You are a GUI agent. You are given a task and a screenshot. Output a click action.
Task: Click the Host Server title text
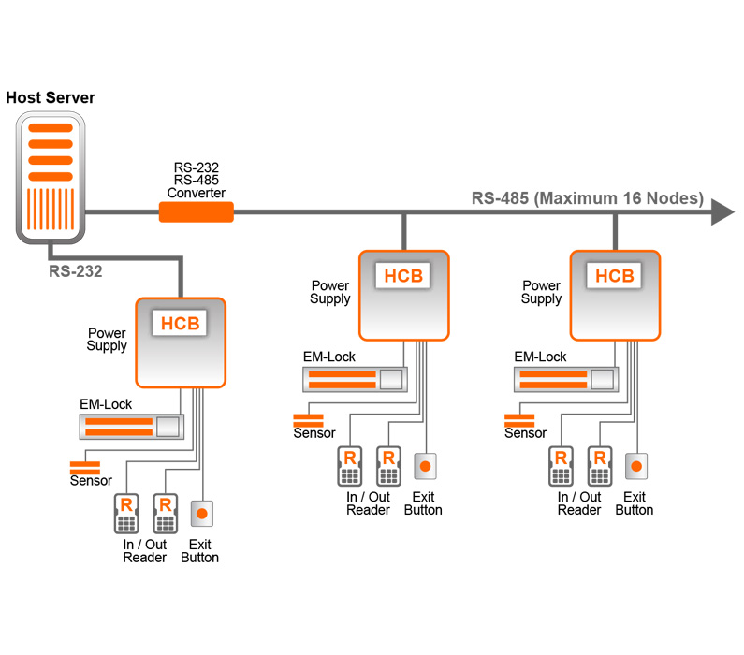point(51,97)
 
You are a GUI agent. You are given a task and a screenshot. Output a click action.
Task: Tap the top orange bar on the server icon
point(51,128)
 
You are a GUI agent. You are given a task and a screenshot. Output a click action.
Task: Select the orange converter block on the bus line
point(196,212)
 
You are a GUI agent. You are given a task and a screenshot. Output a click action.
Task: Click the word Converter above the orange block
point(197,193)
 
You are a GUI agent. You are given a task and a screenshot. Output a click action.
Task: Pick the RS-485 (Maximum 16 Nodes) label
point(587,198)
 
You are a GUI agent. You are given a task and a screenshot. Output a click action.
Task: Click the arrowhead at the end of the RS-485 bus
point(722,212)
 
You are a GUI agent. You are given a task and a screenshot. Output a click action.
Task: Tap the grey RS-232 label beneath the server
point(76,271)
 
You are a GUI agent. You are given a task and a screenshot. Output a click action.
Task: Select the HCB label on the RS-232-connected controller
point(181,324)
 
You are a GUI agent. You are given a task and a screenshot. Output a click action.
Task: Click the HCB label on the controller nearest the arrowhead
point(615,276)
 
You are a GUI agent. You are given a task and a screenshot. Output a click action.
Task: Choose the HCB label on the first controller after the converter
point(404,276)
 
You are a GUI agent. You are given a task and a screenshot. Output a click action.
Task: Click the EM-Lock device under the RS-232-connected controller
point(131,427)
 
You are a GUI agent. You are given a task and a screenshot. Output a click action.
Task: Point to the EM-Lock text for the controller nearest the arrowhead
point(540,357)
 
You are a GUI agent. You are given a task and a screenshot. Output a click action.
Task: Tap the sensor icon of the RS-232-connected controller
point(85,465)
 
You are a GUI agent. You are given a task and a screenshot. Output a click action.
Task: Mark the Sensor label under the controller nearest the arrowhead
point(525,433)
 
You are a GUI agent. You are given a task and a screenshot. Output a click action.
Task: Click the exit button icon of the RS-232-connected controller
point(201,513)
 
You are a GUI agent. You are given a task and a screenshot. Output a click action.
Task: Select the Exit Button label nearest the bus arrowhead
point(635,503)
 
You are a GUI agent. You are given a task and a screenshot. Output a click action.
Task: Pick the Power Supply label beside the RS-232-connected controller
point(107,339)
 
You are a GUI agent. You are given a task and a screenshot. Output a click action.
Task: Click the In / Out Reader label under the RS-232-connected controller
point(144,551)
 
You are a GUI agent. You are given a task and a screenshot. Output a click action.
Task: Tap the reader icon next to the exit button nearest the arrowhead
point(599,465)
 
